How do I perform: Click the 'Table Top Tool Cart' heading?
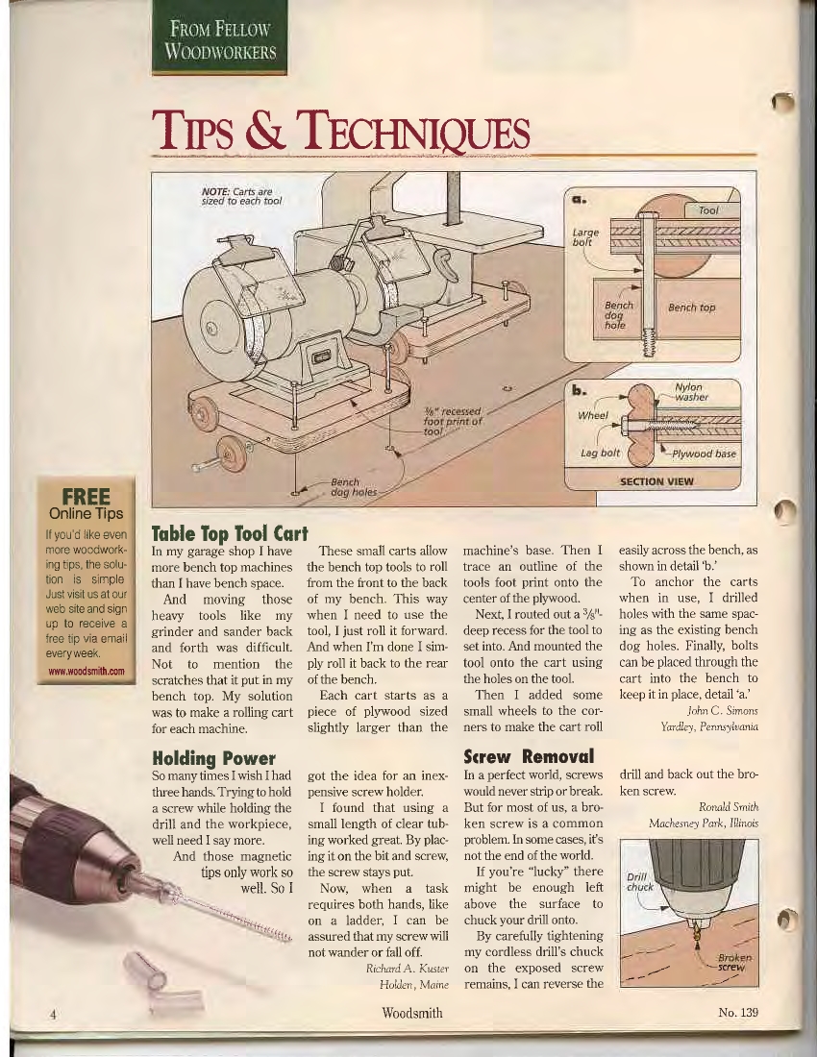[230, 534]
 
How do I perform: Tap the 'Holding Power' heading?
[213, 758]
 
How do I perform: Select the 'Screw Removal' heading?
[530, 755]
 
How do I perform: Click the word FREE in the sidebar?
[86, 497]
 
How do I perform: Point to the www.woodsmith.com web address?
[87, 671]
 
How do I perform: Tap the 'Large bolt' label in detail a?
[585, 236]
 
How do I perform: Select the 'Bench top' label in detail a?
[692, 307]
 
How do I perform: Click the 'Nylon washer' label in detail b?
[692, 392]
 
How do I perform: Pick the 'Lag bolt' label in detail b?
[600, 453]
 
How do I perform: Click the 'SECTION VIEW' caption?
[656, 481]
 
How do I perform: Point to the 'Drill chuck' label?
[640, 882]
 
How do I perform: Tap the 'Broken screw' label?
[733, 962]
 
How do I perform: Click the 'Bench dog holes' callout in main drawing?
[354, 487]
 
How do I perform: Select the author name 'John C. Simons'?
[723, 710]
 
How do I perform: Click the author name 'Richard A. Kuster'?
[408, 969]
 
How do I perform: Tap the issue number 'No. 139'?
[738, 1012]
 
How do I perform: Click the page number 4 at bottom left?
[53, 1013]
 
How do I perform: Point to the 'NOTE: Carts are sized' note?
[241, 196]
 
